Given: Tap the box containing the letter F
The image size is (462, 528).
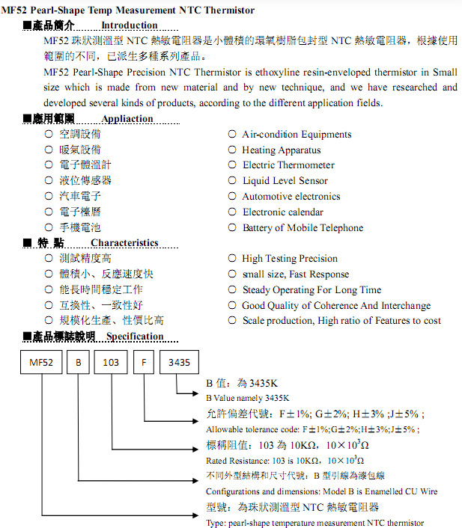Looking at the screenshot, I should coord(144,362).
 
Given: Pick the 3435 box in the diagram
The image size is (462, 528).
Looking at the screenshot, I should coord(179,362).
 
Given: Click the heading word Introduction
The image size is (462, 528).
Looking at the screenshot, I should coord(130,25).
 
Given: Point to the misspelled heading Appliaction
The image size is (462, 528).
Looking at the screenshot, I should coord(127,119).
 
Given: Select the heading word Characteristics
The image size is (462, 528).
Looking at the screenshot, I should coord(124,243).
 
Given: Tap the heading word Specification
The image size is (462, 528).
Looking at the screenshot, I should coord(135,337).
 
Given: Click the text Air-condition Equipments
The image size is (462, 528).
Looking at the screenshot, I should coord(297,135).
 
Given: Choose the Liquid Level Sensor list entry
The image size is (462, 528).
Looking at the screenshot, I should coord(285,181).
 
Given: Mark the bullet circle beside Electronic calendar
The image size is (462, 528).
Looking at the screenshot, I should coord(232,212).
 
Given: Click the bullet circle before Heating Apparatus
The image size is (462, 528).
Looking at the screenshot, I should coord(232,150).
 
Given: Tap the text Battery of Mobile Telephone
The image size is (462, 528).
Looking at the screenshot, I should coord(303,228).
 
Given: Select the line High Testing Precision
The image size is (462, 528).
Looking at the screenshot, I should coord(290,259).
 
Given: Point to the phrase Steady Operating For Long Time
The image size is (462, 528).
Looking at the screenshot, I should coord(311,290).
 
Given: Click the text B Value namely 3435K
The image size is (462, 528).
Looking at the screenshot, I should coord(247,398).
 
